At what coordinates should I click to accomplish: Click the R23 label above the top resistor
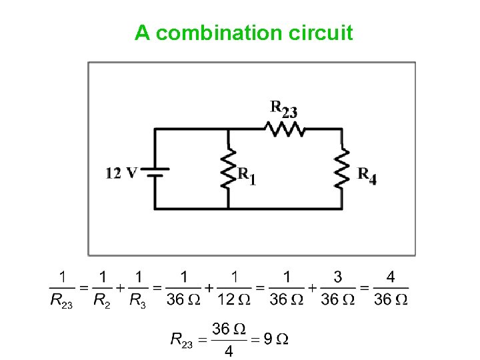[x=283, y=109]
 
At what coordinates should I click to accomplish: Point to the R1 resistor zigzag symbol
[x=229, y=169]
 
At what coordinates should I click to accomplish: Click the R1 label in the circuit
[x=247, y=177]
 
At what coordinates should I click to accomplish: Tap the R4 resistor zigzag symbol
[x=342, y=169]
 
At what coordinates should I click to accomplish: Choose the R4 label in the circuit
[x=367, y=176]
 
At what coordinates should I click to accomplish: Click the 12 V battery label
[x=121, y=173]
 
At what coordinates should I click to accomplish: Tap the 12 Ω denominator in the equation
[x=235, y=299]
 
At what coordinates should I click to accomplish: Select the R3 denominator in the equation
[x=138, y=300]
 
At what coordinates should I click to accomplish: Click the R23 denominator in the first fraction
[x=62, y=300]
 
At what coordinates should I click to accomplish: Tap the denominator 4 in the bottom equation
[x=229, y=351]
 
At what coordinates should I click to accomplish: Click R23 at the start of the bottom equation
[x=182, y=340]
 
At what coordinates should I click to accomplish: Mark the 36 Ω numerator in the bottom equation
[x=229, y=328]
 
